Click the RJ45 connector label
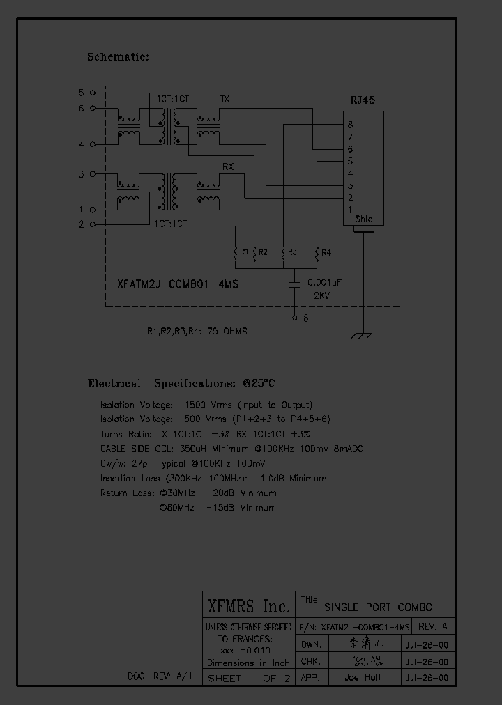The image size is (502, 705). (362, 100)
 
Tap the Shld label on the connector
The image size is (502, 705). (364, 219)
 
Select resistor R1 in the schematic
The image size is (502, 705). (236, 254)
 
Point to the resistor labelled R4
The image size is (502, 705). (317, 254)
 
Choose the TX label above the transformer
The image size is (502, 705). (224, 99)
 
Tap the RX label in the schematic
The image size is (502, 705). (227, 167)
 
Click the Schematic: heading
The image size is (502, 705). (118, 57)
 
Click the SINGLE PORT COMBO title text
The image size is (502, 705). (379, 607)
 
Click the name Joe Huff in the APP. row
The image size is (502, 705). (363, 677)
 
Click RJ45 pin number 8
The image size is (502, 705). (350, 125)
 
